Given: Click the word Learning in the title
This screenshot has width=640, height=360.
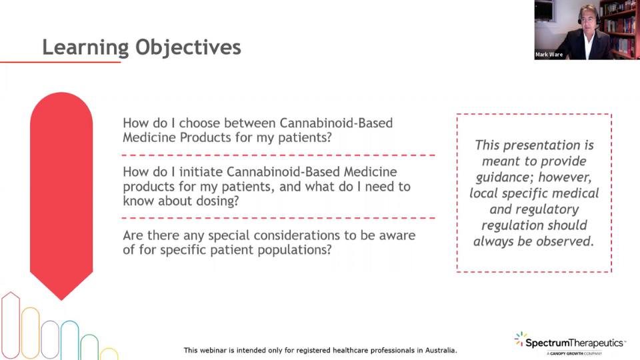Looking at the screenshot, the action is coord(85,47).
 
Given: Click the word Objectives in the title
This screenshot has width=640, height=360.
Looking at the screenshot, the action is coord(188,47).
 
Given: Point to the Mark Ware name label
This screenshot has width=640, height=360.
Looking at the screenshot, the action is coord(549,54).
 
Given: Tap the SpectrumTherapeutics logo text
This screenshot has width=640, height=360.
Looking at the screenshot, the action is coord(575,343).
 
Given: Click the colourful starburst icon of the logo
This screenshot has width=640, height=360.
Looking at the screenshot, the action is coord(519,339).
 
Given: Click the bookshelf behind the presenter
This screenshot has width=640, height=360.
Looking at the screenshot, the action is coord(619,28).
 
